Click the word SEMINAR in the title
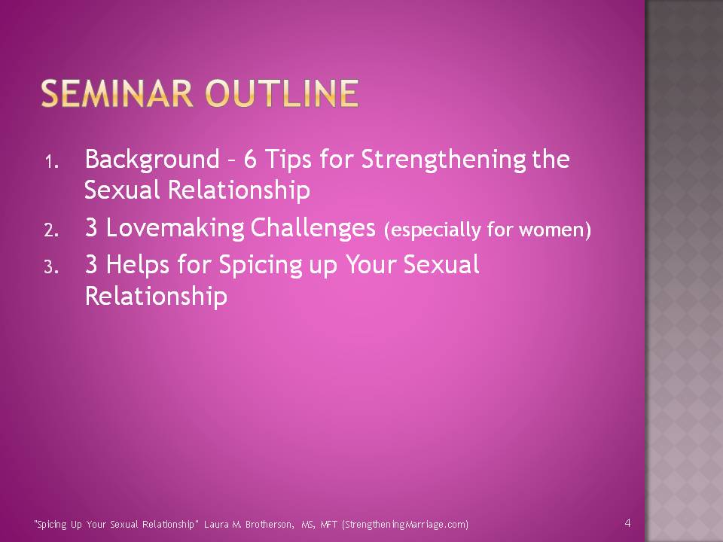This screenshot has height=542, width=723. [x=117, y=93]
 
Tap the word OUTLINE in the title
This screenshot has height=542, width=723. [x=282, y=93]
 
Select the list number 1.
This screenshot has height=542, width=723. [x=52, y=163]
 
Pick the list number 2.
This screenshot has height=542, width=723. [x=52, y=230]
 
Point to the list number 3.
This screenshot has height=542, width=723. [x=52, y=266]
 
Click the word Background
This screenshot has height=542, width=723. [x=152, y=160]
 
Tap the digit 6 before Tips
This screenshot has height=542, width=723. [x=250, y=160]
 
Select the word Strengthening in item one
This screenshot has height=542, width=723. [x=444, y=160]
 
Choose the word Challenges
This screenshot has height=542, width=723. [x=313, y=229]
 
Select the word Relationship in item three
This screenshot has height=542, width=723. [x=157, y=296]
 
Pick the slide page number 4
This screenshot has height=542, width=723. [x=627, y=522]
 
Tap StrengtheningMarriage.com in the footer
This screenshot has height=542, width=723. [x=405, y=525]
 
